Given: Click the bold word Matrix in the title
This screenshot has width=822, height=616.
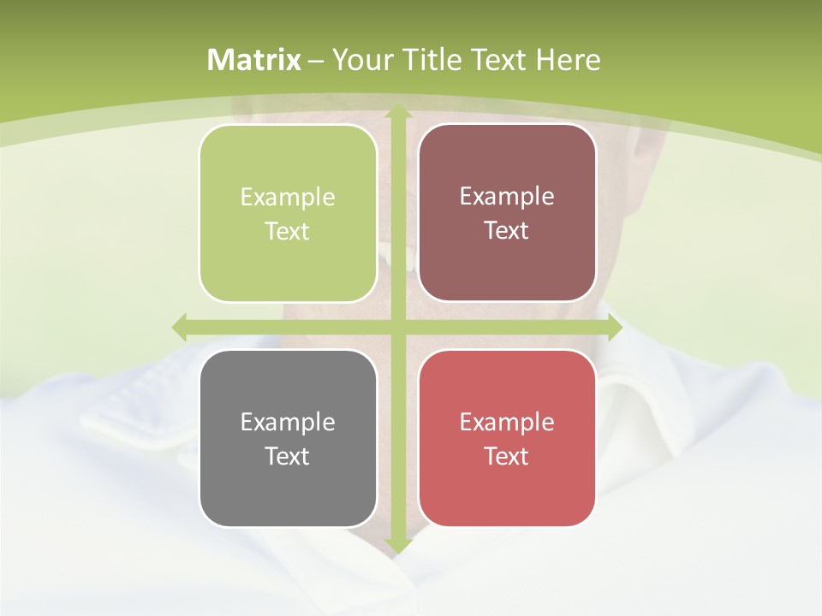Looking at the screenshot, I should pyautogui.click(x=254, y=60).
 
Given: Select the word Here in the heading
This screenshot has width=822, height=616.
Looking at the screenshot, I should pyautogui.click(x=568, y=60).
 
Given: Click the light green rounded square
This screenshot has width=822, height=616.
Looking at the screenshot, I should pyautogui.click(x=288, y=214).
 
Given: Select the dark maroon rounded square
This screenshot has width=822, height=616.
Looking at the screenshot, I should pyautogui.click(x=507, y=213).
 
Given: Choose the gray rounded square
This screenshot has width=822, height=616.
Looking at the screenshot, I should pyautogui.click(x=288, y=439).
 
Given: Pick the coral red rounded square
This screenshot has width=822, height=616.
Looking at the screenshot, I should pyautogui.click(x=507, y=438).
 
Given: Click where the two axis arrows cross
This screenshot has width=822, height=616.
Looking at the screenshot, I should pyautogui.click(x=397, y=327).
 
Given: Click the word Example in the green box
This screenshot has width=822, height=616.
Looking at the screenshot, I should pyautogui.click(x=288, y=198).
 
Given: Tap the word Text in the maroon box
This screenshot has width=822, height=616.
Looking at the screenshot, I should pyautogui.click(x=507, y=231).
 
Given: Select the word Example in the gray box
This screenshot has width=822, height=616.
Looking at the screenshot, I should pyautogui.click(x=288, y=423).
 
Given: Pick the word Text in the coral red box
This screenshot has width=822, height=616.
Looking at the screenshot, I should pyautogui.click(x=507, y=457).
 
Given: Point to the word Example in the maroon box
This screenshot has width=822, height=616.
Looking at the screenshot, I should pyautogui.click(x=507, y=197).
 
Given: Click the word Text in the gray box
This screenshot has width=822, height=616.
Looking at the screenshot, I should pyautogui.click(x=288, y=457).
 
